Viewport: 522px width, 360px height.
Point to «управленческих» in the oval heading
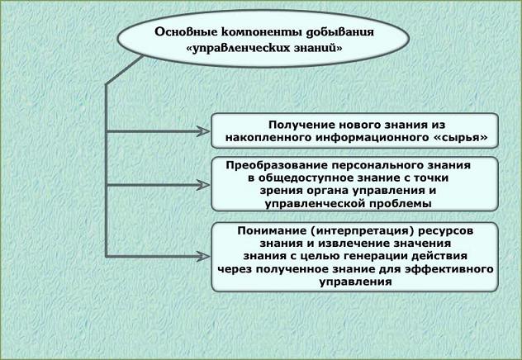tap(241, 49)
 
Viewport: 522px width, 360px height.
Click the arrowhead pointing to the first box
tap(203, 131)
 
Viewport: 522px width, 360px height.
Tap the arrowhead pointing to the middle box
tap(203, 185)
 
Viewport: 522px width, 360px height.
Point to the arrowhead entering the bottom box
tap(203, 257)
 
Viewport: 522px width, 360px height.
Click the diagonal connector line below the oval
tap(125, 69)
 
